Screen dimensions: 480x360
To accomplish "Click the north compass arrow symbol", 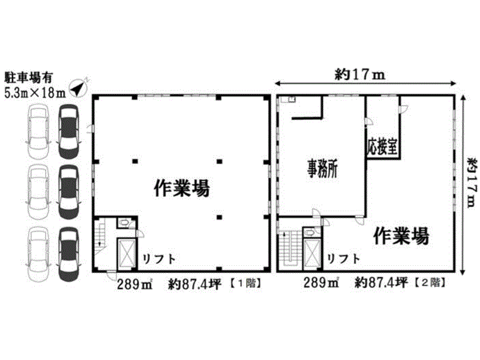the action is pos(78,88).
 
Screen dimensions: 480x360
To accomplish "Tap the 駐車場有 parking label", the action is pos(28,78).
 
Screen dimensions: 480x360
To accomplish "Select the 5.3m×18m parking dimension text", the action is pos(35,92).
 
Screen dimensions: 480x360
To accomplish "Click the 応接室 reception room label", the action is pos(383,147).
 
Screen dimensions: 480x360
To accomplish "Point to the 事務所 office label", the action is pos(322,169).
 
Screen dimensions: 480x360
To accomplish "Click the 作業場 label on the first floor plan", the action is pos(182,188).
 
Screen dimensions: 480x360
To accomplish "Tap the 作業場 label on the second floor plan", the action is pos(401,236).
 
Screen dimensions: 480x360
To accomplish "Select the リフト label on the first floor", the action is pos(159,260).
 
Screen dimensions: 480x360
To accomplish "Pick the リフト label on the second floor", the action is pos(344,259).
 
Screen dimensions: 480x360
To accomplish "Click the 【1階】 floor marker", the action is pos(246,283).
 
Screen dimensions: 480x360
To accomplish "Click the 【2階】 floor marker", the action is pos(430,283).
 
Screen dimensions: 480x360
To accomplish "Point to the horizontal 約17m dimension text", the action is pos(359,74).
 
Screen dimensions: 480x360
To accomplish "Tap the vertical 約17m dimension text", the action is pos(472,183).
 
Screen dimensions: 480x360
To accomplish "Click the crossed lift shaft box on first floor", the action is pos(126,253).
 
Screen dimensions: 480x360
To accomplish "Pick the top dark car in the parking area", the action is pos(68,131).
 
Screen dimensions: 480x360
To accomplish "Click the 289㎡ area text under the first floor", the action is pos(134,284).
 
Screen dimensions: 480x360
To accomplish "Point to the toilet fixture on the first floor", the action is pos(124,223).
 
